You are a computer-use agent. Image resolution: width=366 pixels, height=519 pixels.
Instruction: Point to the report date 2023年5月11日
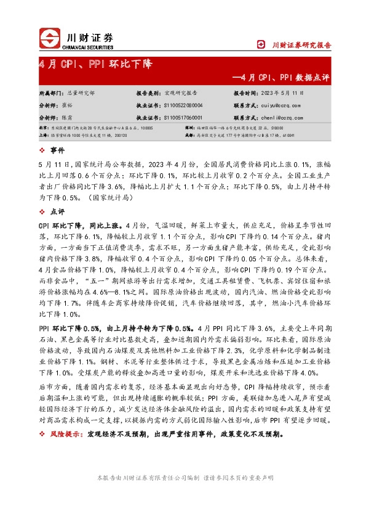coord(282,92)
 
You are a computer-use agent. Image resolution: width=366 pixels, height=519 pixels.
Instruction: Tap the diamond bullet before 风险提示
coord(41,435)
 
